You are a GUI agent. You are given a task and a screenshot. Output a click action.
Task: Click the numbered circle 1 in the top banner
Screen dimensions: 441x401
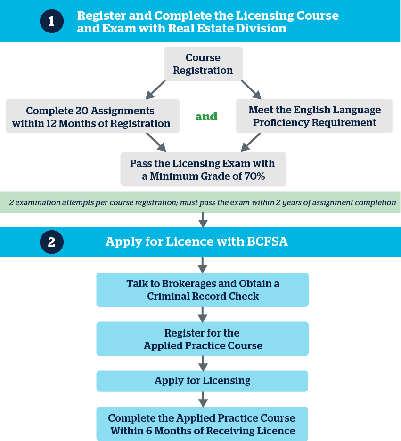click(51, 22)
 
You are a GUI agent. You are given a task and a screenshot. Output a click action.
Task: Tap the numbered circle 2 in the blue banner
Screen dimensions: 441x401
click(51, 242)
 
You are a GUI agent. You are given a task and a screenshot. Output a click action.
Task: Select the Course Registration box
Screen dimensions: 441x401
click(203, 64)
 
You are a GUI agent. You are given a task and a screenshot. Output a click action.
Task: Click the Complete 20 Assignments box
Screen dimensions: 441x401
click(92, 116)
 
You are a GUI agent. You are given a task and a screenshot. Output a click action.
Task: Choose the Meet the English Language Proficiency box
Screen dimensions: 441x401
click(314, 116)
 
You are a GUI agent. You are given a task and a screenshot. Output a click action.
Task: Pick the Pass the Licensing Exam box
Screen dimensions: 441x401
click(203, 170)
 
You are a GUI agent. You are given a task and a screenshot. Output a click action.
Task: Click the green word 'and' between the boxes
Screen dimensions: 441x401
click(206, 116)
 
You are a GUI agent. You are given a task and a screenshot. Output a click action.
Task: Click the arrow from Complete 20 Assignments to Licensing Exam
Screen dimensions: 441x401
click(156, 142)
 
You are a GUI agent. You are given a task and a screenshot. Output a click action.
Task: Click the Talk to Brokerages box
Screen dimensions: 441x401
click(203, 290)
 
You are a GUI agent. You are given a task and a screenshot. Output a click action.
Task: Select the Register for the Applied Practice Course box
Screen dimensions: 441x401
click(203, 339)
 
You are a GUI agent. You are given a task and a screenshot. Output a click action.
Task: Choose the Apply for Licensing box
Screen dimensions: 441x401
click(203, 381)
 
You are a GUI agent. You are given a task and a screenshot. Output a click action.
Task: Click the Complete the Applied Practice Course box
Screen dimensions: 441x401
click(203, 424)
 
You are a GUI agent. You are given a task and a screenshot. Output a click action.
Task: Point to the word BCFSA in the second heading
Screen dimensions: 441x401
click(267, 242)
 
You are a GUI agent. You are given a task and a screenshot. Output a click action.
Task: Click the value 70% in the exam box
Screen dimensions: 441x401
click(253, 176)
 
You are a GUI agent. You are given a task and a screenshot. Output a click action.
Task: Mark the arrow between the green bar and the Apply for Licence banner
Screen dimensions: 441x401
click(203, 220)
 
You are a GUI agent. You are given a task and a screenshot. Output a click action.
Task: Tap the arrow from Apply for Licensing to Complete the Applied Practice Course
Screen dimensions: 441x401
click(203, 399)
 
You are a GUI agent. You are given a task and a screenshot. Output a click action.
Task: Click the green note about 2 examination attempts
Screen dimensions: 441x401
click(203, 202)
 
